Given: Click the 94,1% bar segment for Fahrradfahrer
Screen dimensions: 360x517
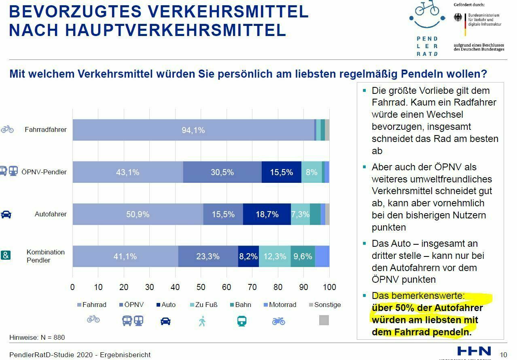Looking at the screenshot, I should pyautogui.click(x=193, y=130).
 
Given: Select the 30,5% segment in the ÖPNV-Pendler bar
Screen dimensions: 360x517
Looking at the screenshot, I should pyautogui.click(x=222, y=172).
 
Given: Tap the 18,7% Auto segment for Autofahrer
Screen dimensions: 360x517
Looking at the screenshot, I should pyautogui.click(x=267, y=214).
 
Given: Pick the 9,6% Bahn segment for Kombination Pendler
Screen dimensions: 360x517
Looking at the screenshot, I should pyautogui.click(x=303, y=256).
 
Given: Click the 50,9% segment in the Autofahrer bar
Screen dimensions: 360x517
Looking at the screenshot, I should pyautogui.click(x=138, y=214).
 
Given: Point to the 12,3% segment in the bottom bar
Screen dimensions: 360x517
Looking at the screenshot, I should pyautogui.click(x=275, y=256).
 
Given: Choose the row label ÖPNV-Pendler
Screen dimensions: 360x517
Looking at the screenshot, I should pyautogui.click(x=44, y=172).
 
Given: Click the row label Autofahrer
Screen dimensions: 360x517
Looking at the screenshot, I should pyautogui.click(x=51, y=214).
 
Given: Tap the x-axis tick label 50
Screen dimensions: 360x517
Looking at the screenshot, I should pyautogui.click(x=201, y=287).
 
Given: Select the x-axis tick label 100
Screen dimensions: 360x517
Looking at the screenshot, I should pyautogui.click(x=329, y=287).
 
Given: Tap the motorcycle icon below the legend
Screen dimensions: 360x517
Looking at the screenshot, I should pyautogui.click(x=279, y=321).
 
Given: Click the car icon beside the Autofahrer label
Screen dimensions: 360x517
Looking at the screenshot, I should pyautogui.click(x=6, y=214).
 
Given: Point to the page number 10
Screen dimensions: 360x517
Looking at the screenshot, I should pyautogui.click(x=504, y=355).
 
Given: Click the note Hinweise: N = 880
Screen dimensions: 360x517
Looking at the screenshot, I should pyautogui.click(x=37, y=337).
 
